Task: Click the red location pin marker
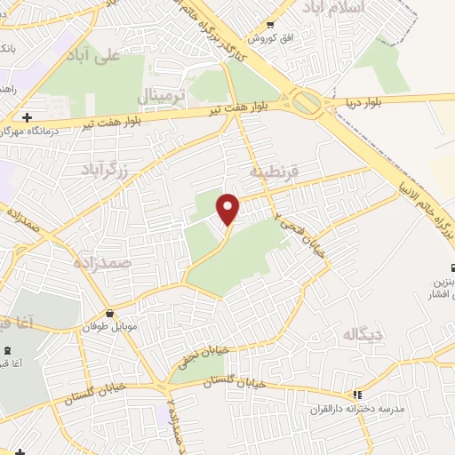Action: click(x=229, y=210)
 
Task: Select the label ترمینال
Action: click(x=160, y=94)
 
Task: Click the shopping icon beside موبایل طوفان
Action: click(x=108, y=313)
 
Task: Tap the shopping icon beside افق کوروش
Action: click(x=270, y=24)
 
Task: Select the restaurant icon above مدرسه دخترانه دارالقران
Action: click(x=357, y=394)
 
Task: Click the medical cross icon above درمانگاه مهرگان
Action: click(x=27, y=117)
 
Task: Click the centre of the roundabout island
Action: click(x=308, y=103)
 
